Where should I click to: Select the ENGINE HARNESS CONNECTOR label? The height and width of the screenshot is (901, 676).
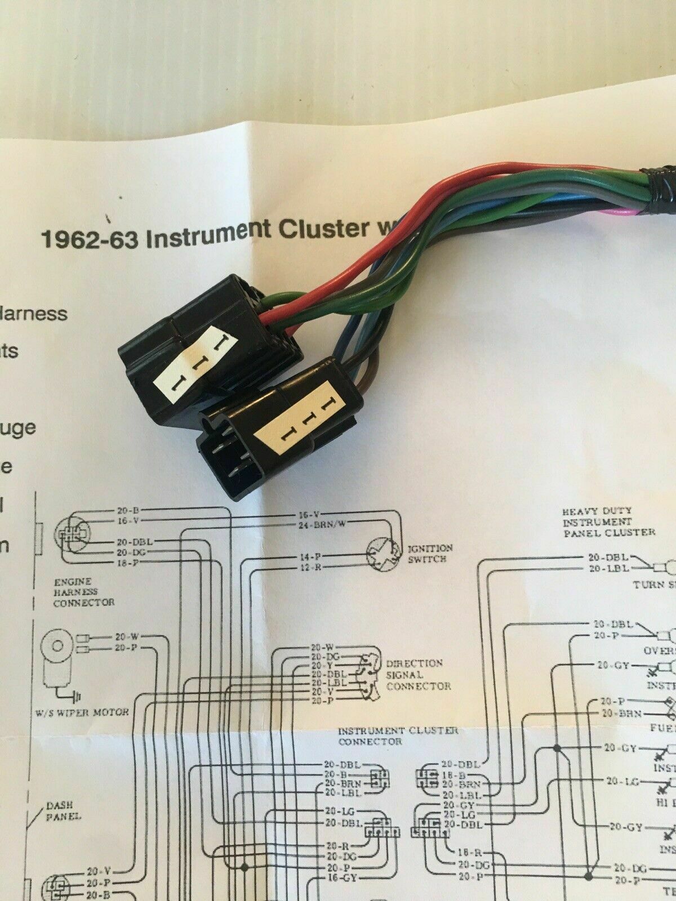84,592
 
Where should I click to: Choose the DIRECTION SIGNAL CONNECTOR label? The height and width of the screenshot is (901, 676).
418,675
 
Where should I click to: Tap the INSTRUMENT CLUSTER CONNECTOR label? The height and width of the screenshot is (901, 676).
398,735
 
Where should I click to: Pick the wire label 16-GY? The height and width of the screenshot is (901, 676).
340,894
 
